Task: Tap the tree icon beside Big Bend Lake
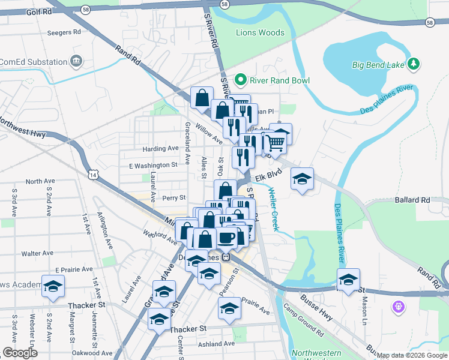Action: pyautogui.click(x=413, y=63)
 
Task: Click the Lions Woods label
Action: pyautogui.click(x=260, y=32)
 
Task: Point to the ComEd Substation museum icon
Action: pyautogui.click(x=76, y=61)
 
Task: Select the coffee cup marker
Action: pyautogui.click(x=226, y=237)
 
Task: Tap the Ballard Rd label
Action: pyautogui.click(x=413, y=199)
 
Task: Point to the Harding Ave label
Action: pyautogui.click(x=160, y=148)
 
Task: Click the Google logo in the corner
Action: pyautogui.click(x=20, y=353)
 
